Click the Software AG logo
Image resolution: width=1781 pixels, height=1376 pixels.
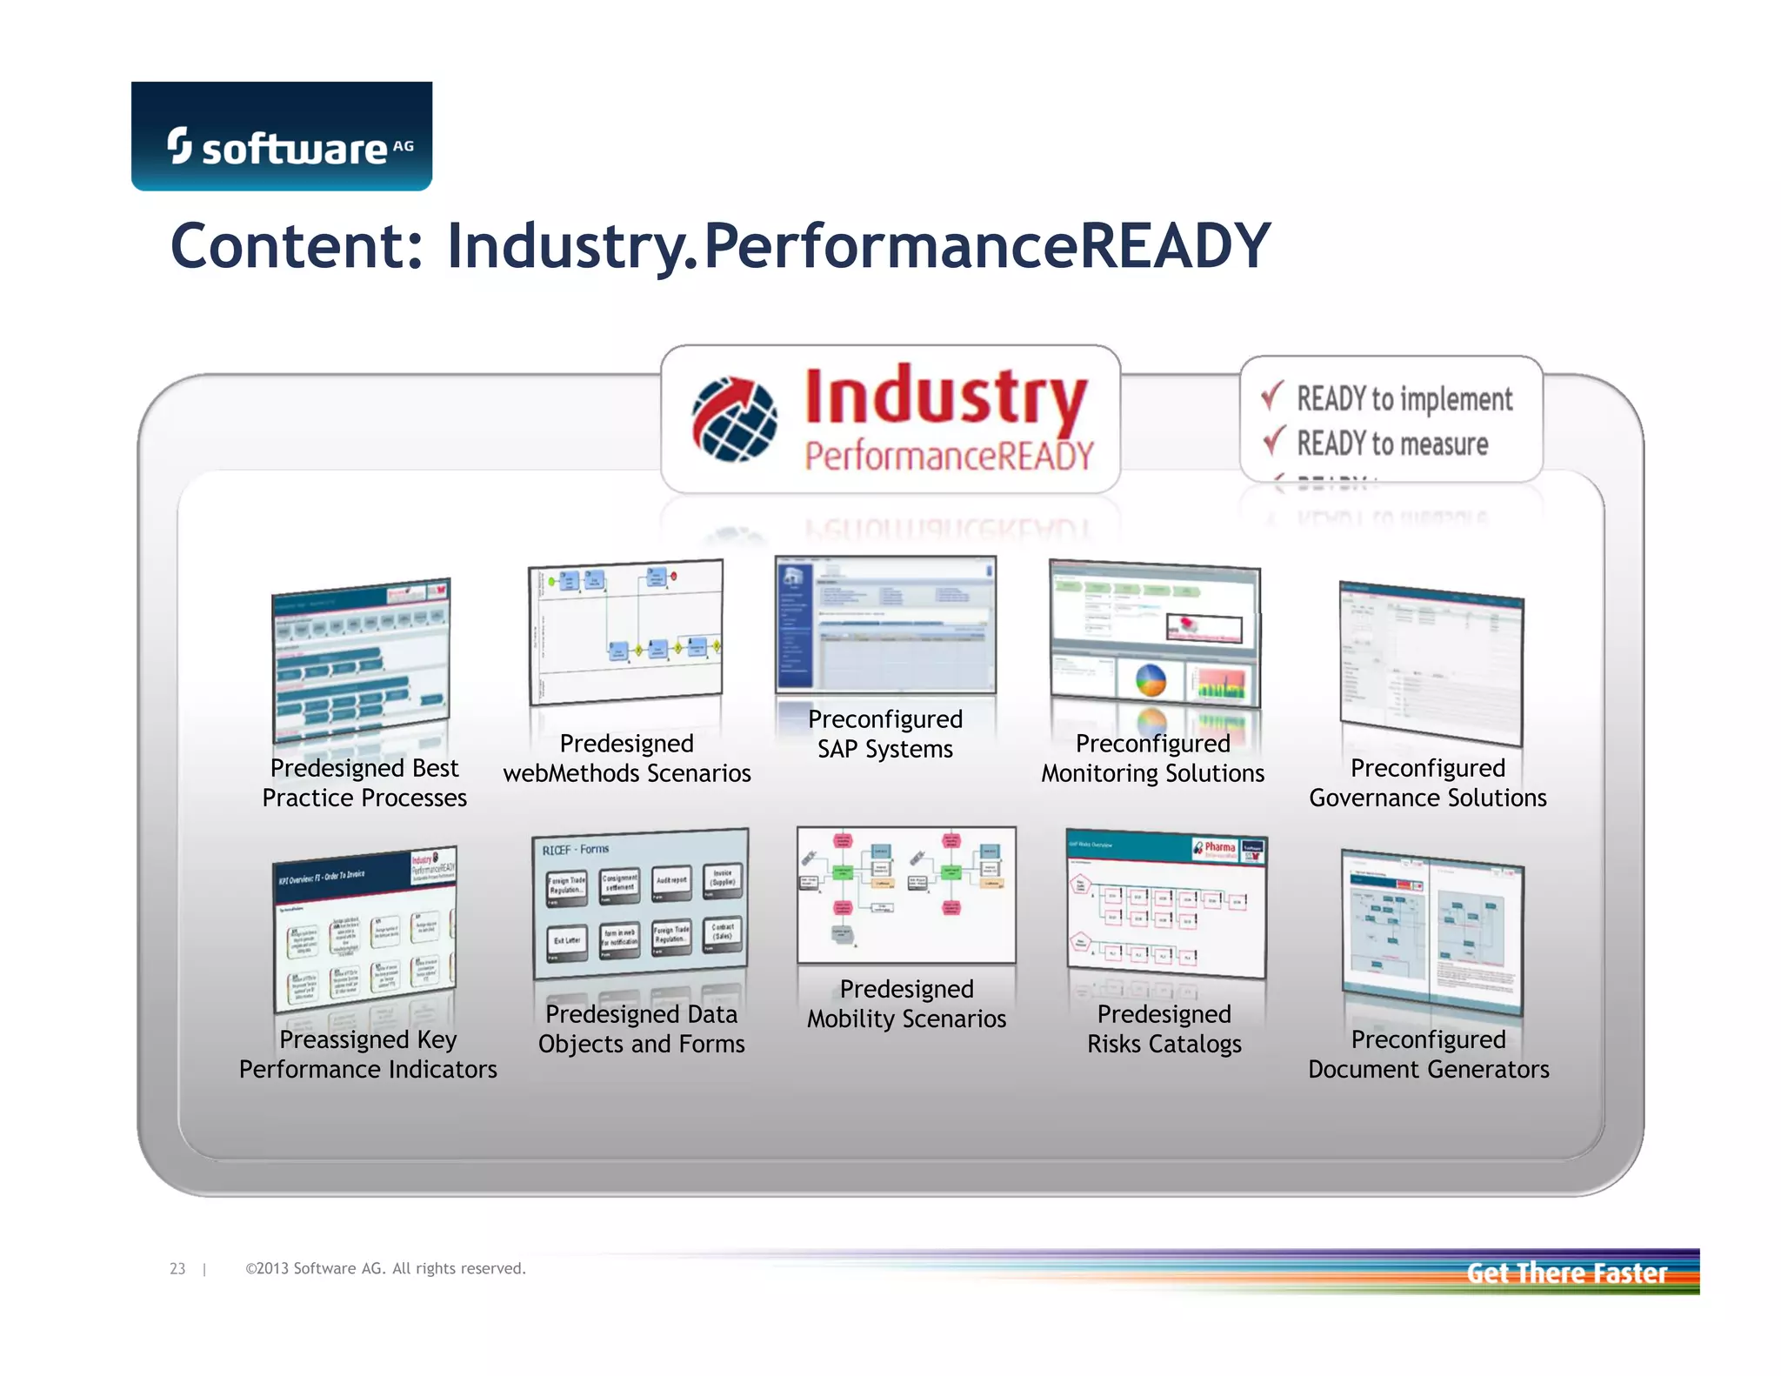coord(281,137)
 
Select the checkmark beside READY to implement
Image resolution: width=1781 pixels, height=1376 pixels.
coord(1272,396)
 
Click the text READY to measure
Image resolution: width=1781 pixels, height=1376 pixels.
coord(1392,444)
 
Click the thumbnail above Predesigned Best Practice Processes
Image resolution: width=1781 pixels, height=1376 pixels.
coord(361,661)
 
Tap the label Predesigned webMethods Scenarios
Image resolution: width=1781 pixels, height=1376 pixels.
coord(626,758)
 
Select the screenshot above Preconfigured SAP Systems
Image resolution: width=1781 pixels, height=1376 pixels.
coord(885,624)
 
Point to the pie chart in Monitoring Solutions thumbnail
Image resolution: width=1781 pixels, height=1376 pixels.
coord(1151,680)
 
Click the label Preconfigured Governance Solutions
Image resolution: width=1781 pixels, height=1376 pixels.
coord(1427,783)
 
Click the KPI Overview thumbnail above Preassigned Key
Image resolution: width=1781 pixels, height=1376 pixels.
coord(365,929)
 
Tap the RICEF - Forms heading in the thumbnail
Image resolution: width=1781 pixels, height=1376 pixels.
coord(576,849)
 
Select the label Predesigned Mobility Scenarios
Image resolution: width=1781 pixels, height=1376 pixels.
coord(906,1004)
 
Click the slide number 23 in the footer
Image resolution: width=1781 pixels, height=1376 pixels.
coord(177,1269)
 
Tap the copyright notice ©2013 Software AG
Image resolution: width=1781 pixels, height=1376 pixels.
coord(385,1269)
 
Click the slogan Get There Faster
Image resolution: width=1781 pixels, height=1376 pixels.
coord(1566,1273)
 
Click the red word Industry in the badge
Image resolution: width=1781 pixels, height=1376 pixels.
coord(945,397)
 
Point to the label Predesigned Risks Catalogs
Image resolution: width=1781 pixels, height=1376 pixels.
coord(1164,1029)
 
